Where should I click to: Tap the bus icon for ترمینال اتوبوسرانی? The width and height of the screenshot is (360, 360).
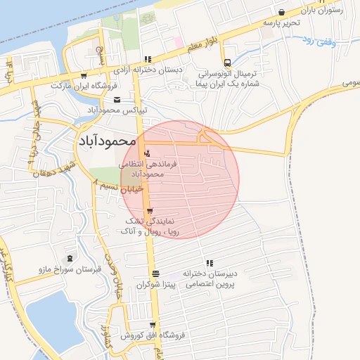[x=226, y=61]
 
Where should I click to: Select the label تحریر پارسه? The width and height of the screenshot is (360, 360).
[x=280, y=23]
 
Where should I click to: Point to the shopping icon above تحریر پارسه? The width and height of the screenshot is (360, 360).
[x=282, y=12]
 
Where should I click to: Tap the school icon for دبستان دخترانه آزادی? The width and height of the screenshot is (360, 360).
[x=147, y=60]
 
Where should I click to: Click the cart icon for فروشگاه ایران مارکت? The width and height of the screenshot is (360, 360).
[x=84, y=75]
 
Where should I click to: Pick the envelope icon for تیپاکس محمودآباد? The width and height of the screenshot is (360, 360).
[x=117, y=100]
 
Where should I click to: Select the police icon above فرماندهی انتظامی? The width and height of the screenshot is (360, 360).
[x=147, y=153]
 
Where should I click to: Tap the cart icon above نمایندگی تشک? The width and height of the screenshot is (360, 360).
[x=148, y=210]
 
